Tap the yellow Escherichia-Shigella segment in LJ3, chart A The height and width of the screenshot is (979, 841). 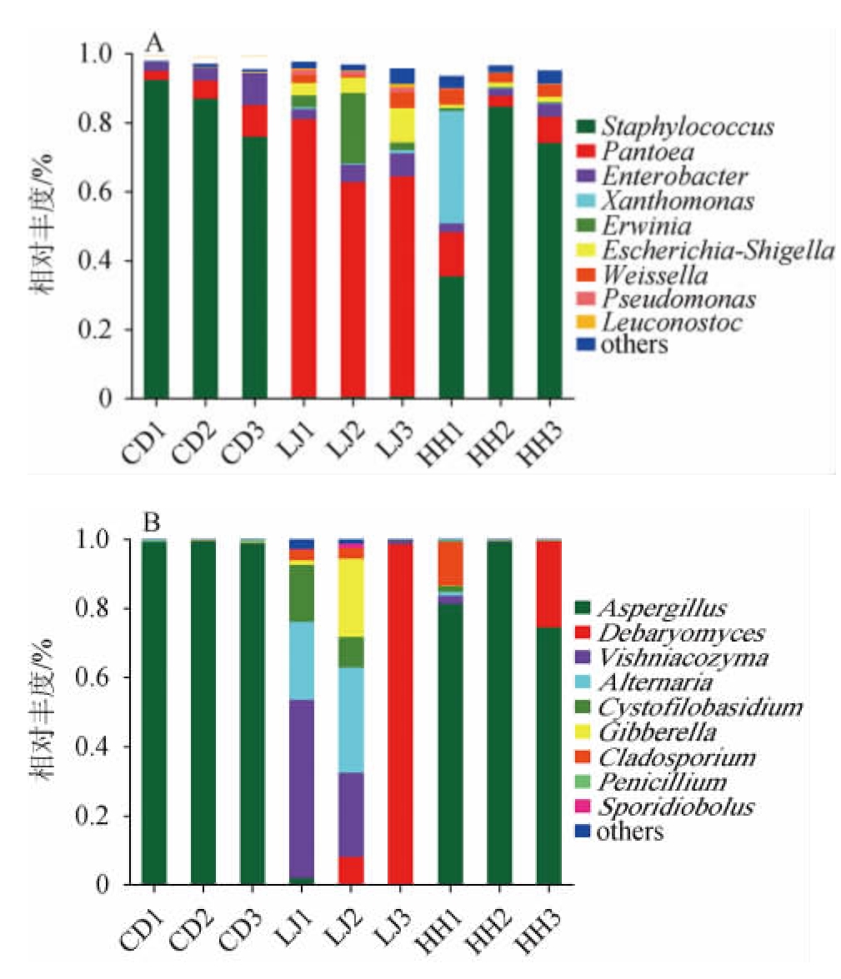(402, 125)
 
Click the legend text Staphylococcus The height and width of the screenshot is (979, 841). (688, 127)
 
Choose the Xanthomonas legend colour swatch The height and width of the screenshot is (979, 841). (588, 201)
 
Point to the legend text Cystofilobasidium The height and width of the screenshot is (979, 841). (703, 707)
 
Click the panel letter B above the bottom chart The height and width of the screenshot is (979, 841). (153, 524)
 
